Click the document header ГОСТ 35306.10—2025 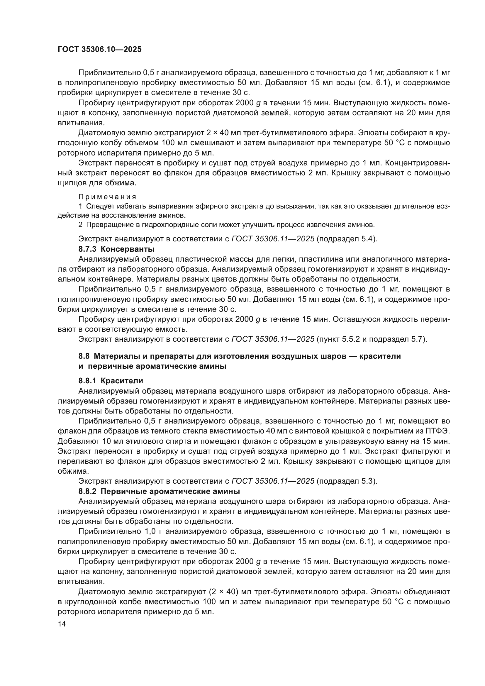pyautogui.click(x=99, y=50)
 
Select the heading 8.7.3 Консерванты pyautogui.click(x=116, y=249)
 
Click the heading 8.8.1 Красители pyautogui.click(x=111, y=381)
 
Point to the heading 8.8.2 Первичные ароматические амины pyautogui.click(x=159, y=492)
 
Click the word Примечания pyautogui.click(x=107, y=197)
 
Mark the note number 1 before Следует pyautogui.click(x=80, y=206)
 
